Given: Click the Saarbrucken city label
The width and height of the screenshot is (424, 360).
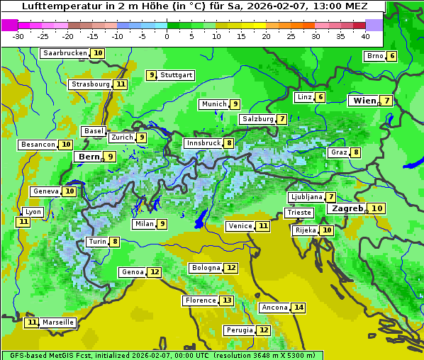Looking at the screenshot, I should coord(65,53).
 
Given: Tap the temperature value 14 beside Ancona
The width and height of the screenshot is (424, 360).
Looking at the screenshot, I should coord(299,308).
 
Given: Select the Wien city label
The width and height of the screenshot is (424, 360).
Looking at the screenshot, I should coord(364,101).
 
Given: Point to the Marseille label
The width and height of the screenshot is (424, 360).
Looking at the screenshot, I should coord(58,322).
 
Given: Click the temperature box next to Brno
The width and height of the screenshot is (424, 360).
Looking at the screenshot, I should coord(391,56).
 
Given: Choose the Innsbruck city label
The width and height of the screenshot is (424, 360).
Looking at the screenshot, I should coord(203,143).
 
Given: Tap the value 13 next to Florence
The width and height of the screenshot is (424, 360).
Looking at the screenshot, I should coord(227,300).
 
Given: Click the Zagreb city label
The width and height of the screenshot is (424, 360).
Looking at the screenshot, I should coord(347,208).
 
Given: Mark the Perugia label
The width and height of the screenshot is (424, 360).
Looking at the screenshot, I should coord(238,330).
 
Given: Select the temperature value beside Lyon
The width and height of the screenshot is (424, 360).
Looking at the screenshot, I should coord(23,222).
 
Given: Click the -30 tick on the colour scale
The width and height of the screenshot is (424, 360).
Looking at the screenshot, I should coord(18,36).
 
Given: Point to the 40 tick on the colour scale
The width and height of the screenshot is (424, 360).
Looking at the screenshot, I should coord(365,36).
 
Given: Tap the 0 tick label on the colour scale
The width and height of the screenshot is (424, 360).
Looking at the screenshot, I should coord(167,36).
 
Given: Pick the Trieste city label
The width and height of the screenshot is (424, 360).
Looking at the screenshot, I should coord(299,213).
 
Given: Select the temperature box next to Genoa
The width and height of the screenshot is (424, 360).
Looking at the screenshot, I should coord(155,272).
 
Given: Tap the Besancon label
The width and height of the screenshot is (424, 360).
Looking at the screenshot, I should coord(38,145).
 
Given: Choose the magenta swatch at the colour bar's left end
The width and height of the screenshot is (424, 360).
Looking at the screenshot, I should coord(9,25).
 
